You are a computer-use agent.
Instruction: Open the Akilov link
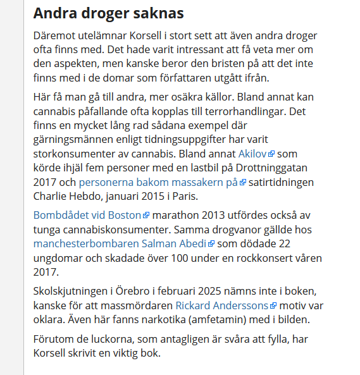[253, 153]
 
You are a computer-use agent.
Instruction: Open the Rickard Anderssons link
[222, 305]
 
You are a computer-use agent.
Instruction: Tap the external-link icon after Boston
[146, 216]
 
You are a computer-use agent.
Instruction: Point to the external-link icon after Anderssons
[273, 305]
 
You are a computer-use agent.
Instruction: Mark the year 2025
[217, 291]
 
